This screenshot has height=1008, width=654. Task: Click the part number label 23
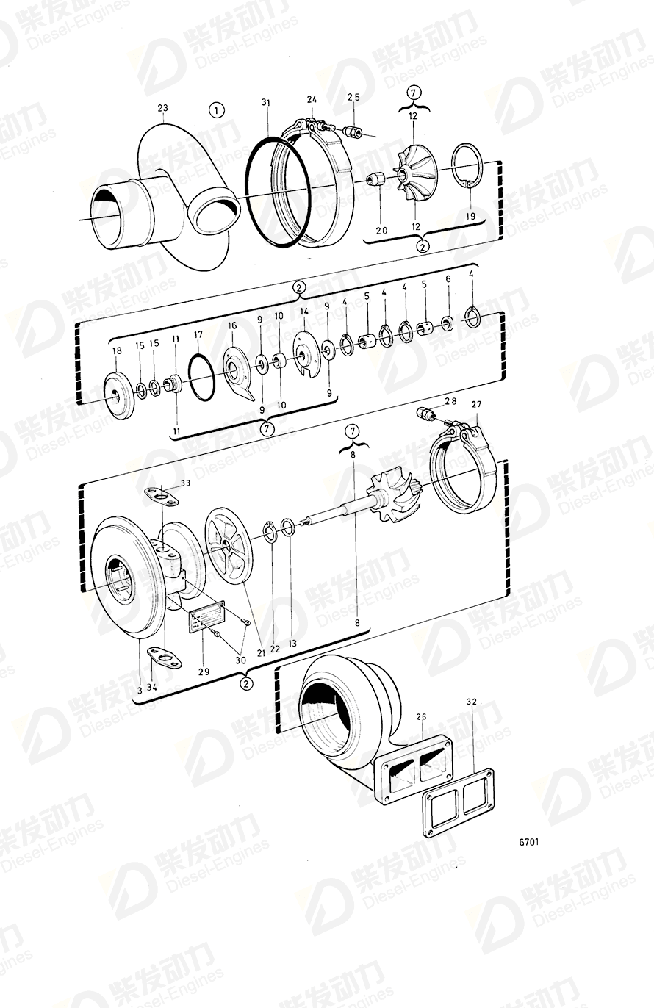[163, 109]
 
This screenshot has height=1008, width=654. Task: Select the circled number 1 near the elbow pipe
[215, 111]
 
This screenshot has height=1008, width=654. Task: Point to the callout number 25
[354, 97]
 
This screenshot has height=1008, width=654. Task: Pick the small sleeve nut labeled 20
[377, 179]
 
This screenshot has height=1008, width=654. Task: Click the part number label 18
[117, 350]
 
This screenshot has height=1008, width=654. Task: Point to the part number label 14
[303, 312]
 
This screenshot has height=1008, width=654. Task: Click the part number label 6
[448, 280]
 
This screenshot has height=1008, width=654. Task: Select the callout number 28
[451, 401]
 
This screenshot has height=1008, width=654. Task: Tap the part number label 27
[476, 404]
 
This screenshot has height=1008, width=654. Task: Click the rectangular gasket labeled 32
[456, 802]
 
